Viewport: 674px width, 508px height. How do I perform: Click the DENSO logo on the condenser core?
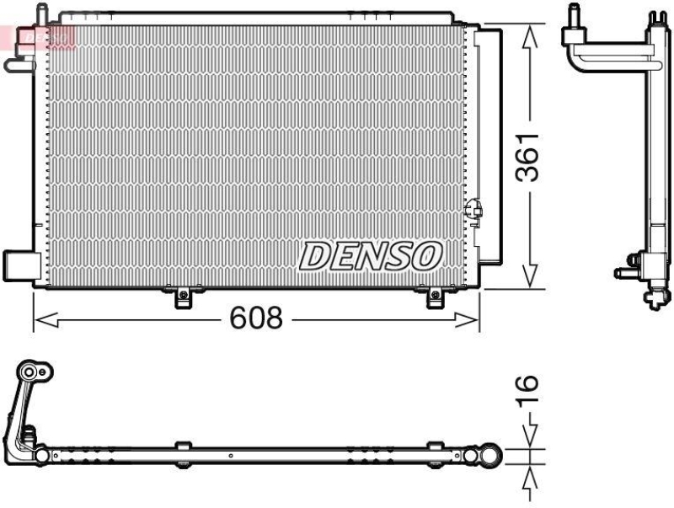(x=371, y=255)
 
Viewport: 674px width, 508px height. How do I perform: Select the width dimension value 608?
(x=254, y=319)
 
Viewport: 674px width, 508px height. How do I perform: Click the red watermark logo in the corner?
(x=38, y=35)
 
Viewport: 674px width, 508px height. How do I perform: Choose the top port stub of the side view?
(x=575, y=14)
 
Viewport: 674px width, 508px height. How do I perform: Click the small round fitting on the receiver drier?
(x=473, y=206)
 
